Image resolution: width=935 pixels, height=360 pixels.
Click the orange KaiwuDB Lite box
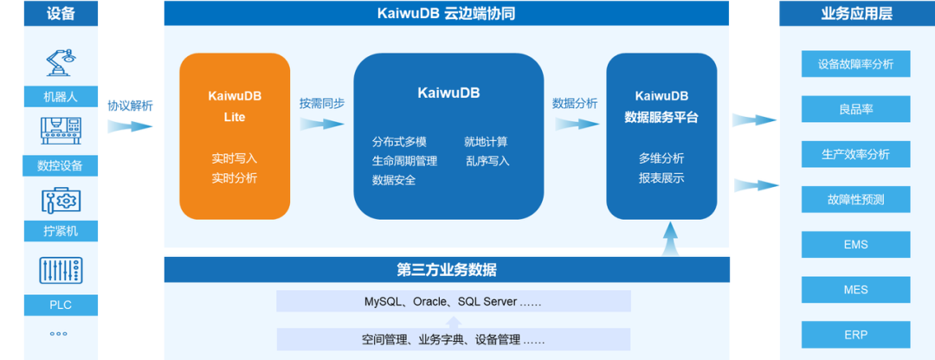[235, 136]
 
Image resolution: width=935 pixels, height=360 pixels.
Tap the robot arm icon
[60, 63]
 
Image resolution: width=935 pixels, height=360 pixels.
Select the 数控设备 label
[60, 165]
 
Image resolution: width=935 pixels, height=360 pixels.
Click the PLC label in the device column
[60, 305]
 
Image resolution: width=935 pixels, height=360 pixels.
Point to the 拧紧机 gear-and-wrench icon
[60, 200]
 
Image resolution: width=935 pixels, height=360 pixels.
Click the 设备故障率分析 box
[855, 63]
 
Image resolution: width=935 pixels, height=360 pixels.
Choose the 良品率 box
[855, 109]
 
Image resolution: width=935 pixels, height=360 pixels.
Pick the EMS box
[855, 245]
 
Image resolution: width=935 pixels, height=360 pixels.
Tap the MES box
[855, 290]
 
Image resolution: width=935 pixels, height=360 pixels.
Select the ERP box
[855, 335]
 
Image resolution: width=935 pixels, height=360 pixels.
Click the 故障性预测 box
[855, 200]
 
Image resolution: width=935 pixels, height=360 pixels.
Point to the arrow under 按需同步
[322, 124]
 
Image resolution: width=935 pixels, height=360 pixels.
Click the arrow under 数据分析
[575, 124]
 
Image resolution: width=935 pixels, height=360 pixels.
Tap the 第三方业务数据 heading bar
[447, 270]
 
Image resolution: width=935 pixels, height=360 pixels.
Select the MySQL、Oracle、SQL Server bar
[454, 301]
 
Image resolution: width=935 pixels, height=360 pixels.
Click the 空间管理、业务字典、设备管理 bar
[454, 339]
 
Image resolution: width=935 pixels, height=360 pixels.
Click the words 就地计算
[486, 141]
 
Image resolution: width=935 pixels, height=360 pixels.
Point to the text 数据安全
[394, 180]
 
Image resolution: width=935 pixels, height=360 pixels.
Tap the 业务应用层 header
[855, 13]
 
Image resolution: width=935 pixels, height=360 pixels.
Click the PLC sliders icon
[60, 270]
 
